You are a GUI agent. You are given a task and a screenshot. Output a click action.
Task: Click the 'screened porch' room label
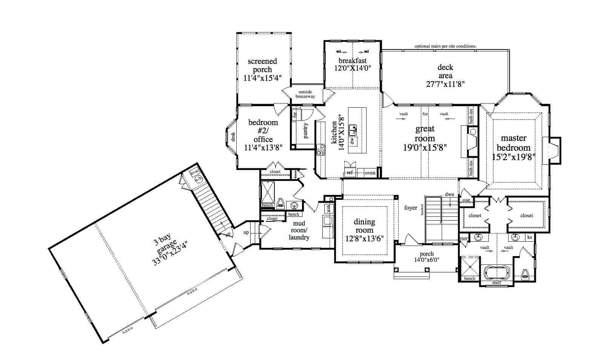pyautogui.click(x=262, y=65)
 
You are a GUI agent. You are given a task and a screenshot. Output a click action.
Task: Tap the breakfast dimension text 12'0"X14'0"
pyautogui.click(x=353, y=68)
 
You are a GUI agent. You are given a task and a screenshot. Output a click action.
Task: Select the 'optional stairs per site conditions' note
pyautogui.click(x=445, y=46)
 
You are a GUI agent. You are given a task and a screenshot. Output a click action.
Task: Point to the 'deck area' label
pyautogui.click(x=445, y=71)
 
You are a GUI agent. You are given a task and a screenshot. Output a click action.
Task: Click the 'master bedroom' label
pyautogui.click(x=513, y=143)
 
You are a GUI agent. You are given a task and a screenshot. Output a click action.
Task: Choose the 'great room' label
pyautogui.click(x=425, y=134)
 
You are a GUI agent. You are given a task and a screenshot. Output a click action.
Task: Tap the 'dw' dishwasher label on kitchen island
pyautogui.click(x=352, y=141)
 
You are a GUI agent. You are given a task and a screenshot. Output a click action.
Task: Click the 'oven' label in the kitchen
pyautogui.click(x=370, y=173)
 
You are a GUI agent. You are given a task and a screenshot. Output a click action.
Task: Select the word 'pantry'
pyautogui.click(x=306, y=130)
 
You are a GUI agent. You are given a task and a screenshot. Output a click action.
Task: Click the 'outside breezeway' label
pyautogui.click(x=307, y=94)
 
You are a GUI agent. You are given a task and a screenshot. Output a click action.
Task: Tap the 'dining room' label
pyautogui.click(x=364, y=226)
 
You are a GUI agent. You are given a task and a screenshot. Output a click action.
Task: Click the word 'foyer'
pyautogui.click(x=411, y=207)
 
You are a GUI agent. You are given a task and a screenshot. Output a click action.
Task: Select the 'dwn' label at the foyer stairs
pyautogui.click(x=449, y=195)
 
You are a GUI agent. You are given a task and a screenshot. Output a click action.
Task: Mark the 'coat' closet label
pyautogui.click(x=466, y=200)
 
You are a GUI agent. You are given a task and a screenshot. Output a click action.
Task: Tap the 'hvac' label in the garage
pyautogui.click(x=194, y=172)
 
